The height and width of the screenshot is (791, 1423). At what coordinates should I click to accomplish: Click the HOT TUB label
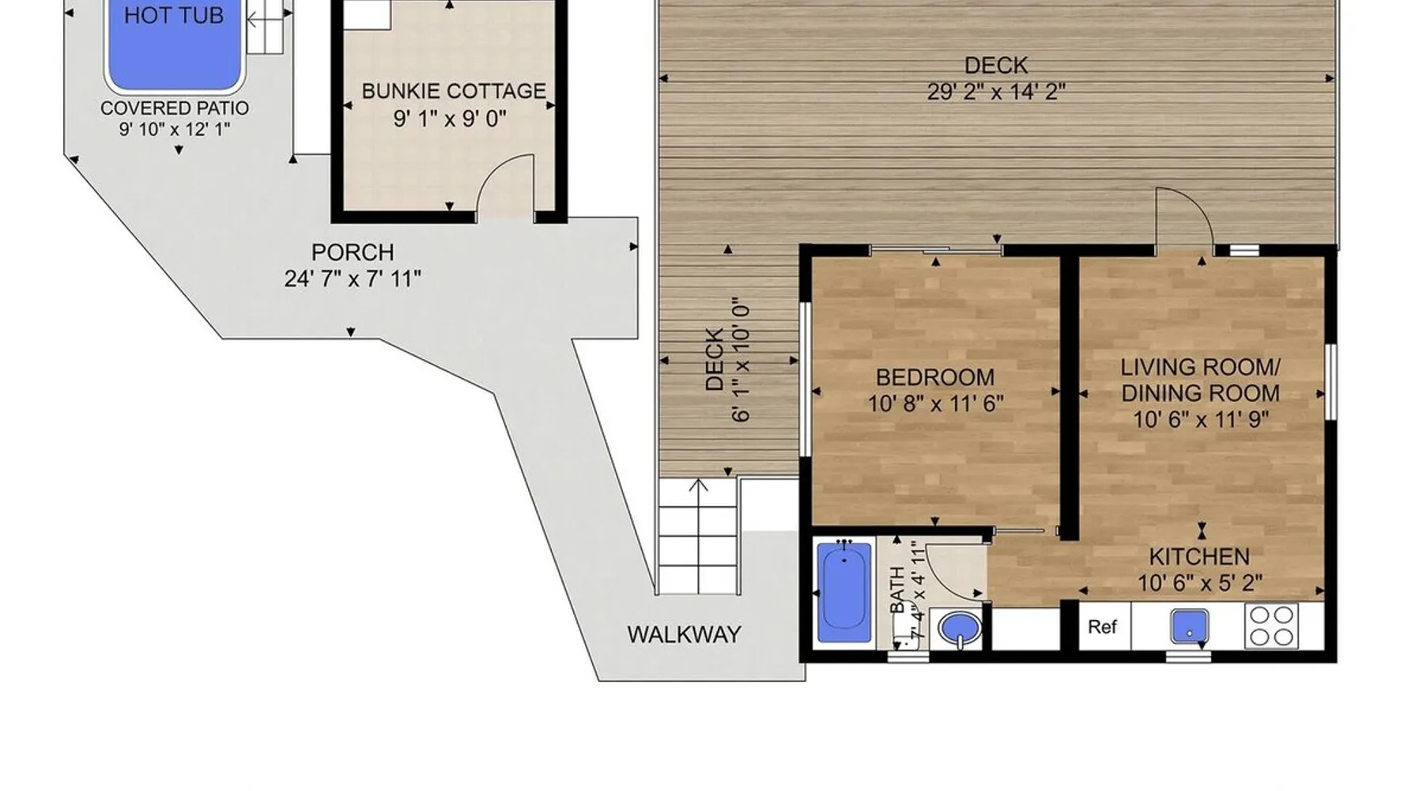pos(174,15)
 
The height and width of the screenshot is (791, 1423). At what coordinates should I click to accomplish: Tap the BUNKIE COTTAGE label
pos(454,91)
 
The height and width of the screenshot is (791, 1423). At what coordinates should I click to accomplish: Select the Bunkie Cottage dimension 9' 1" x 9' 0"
pos(450,119)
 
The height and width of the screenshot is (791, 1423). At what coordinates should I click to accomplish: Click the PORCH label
pos(353,252)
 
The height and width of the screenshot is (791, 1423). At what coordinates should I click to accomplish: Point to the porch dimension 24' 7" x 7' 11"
pos(353,278)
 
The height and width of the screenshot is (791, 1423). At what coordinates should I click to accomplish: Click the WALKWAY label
pos(685,634)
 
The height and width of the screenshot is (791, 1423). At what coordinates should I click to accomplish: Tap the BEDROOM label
pos(935,377)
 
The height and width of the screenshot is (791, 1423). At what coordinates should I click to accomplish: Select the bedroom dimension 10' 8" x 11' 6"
pos(935,403)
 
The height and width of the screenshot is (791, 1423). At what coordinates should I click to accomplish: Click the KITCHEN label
pos(1199,556)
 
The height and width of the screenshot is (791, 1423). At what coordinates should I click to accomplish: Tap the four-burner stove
pos(1271,626)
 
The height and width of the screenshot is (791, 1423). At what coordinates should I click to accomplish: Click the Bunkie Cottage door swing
pos(506,184)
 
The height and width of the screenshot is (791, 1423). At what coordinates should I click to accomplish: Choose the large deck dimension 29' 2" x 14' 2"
pos(996,92)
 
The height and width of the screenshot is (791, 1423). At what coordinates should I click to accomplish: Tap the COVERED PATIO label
pos(175,108)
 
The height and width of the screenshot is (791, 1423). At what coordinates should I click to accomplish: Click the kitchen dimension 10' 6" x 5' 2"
pos(1200,583)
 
